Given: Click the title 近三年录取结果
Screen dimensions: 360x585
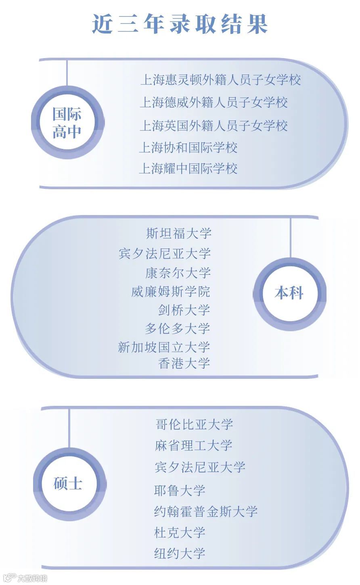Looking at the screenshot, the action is click(180, 24).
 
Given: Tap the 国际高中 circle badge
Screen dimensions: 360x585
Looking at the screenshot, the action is click(67, 123).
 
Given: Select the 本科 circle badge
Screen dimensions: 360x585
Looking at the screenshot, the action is click(289, 293).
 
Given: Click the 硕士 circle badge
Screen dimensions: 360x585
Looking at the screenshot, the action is click(68, 483).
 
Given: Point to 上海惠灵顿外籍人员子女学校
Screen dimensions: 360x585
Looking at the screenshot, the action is click(220, 80).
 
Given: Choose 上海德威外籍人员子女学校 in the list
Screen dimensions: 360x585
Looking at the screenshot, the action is click(213, 102).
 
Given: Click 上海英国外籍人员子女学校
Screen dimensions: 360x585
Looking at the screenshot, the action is click(213, 126).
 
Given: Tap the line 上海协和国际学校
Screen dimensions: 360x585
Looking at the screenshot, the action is click(188, 148).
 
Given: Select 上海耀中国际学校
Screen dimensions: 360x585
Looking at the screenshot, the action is click(188, 169).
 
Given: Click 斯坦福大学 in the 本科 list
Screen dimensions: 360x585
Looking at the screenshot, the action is click(178, 234).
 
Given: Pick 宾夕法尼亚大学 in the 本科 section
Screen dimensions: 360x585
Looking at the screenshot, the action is click(165, 254).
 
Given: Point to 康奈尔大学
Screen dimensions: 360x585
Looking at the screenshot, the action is click(178, 273).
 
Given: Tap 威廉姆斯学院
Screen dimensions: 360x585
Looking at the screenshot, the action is click(171, 292).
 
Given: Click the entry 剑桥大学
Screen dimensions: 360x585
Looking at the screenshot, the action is click(184, 310).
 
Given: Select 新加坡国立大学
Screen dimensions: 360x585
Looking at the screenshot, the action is click(164, 347).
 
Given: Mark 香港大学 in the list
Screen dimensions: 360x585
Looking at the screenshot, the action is click(184, 364).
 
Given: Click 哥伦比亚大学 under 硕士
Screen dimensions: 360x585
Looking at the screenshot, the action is click(194, 424).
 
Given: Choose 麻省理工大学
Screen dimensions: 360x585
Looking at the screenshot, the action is click(194, 446).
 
